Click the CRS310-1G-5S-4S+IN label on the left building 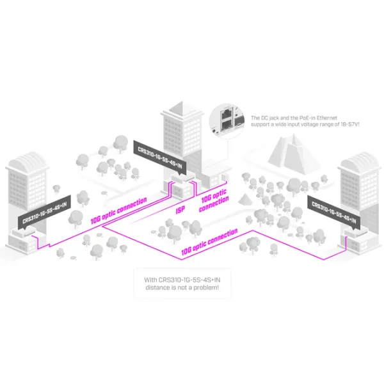[44, 213]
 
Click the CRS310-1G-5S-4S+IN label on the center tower [160, 157]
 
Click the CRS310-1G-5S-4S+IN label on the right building [334, 212]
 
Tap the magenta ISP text [180, 210]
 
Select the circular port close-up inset [227, 121]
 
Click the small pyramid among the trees [245, 199]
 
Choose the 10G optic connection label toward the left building [119, 211]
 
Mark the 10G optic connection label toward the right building [209, 242]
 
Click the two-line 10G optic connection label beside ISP [214, 200]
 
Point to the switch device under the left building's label [24, 232]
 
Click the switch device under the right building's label [356, 232]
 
